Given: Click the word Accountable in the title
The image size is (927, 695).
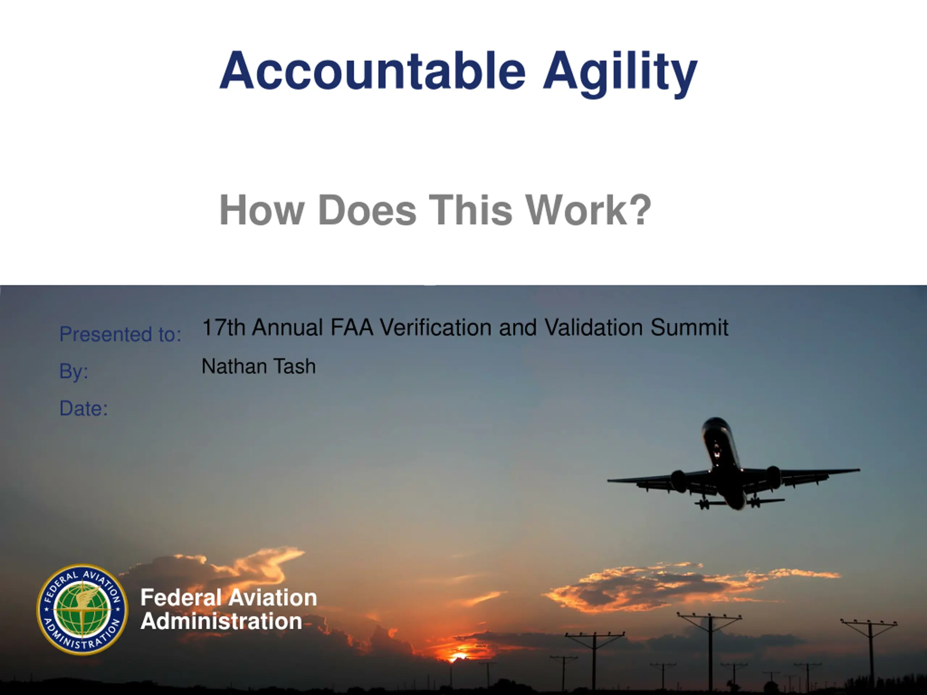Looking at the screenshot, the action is coord(373,70).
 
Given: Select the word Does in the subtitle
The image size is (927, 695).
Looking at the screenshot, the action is coord(367,210).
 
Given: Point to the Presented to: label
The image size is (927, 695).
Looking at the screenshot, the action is coord(120,334).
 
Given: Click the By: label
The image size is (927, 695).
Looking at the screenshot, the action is coord(74,371).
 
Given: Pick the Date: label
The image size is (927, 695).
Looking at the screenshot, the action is coord(84,408).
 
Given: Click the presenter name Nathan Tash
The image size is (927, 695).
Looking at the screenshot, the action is coord(259,366).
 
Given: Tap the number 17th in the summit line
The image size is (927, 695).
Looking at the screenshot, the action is coord(223,327).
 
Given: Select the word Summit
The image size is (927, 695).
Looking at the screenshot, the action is coord(689,327).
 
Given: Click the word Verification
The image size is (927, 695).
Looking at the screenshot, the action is coord(435,327).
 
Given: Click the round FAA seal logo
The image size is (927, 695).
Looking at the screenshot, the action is coord(82,610).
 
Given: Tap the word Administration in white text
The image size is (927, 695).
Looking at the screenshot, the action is coord(221,621).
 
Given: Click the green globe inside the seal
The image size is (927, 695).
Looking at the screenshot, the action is coord(83,610).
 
